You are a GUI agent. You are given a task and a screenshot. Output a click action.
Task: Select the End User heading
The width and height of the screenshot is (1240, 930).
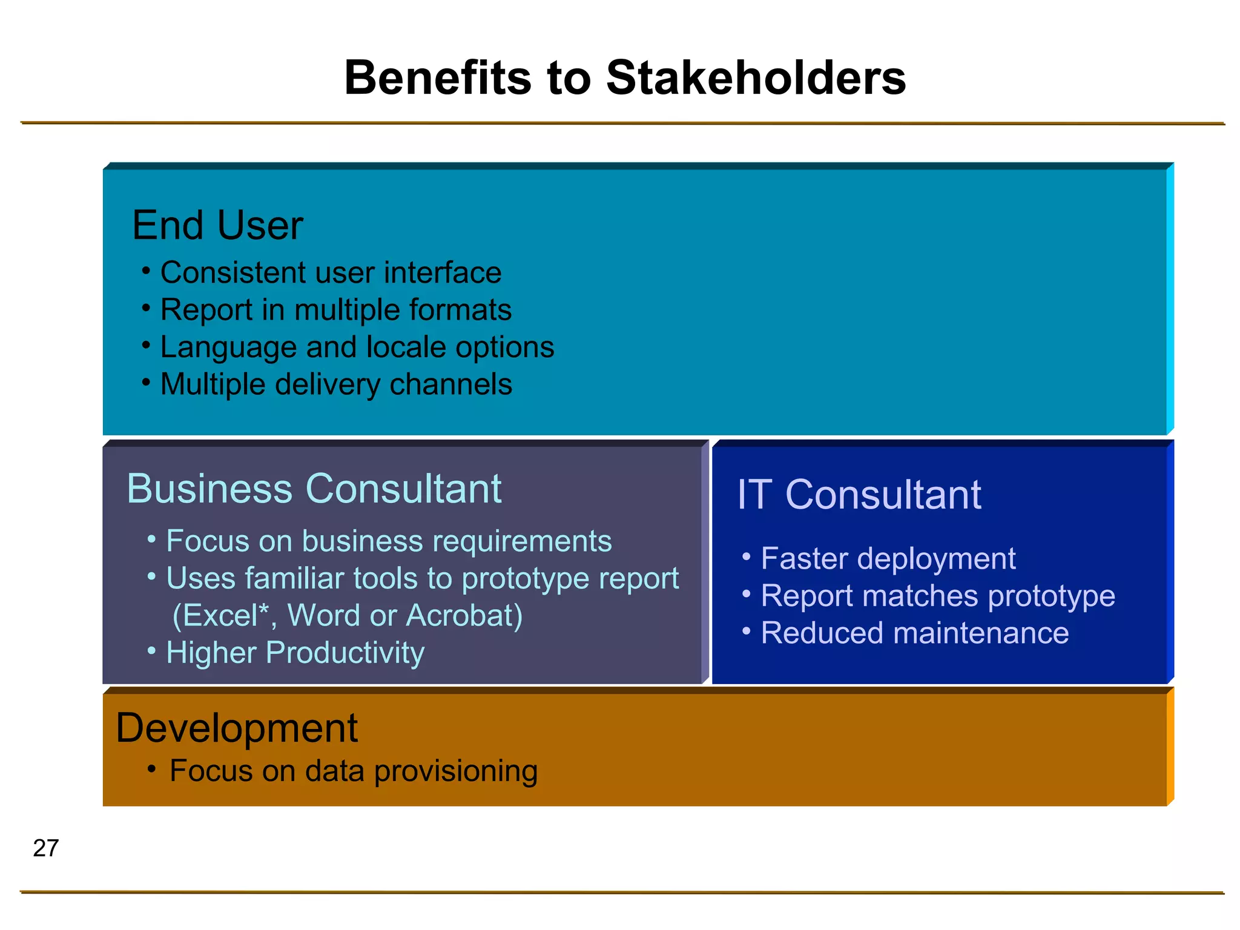click(x=217, y=225)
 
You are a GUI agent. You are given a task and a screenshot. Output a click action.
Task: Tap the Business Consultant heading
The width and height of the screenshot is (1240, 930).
click(x=314, y=489)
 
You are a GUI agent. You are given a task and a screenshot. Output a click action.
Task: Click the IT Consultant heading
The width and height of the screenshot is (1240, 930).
click(x=858, y=495)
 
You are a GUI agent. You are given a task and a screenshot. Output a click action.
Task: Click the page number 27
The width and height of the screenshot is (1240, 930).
click(x=46, y=848)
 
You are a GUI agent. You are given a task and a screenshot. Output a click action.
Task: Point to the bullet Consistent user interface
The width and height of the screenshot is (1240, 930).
click(x=331, y=272)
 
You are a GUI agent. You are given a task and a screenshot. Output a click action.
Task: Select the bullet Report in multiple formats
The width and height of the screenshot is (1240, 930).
click(x=335, y=310)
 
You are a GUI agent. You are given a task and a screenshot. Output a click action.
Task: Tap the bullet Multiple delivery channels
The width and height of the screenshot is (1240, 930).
click(x=336, y=384)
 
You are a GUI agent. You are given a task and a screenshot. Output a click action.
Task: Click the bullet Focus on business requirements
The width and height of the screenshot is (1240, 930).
click(x=389, y=541)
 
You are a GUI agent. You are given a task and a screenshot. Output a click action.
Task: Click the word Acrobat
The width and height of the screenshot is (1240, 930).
click(x=464, y=616)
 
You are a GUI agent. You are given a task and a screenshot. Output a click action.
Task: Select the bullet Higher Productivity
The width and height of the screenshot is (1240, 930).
click(x=295, y=653)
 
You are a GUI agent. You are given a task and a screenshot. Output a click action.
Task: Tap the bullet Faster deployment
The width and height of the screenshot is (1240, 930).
click(x=888, y=558)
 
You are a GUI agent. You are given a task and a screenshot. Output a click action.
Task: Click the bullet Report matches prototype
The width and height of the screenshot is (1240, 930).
click(x=937, y=596)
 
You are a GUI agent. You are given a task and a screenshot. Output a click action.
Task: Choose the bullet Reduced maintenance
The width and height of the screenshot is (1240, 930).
click(x=914, y=633)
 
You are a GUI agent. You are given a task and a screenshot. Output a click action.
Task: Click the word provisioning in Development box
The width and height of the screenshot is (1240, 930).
click(x=456, y=771)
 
